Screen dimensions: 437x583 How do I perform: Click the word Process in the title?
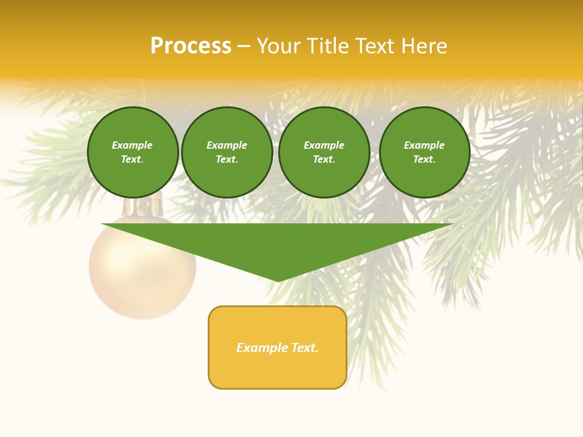tap(191, 46)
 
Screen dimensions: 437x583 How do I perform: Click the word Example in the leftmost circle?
tap(132, 145)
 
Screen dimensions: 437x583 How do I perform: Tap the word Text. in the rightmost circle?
tap(424, 159)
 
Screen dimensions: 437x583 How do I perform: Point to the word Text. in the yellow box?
tap(304, 348)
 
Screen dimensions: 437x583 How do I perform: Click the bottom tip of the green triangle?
tap(278, 280)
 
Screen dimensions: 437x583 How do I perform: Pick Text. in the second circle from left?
tap(227, 159)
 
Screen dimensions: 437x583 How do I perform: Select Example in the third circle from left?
tap(324, 145)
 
